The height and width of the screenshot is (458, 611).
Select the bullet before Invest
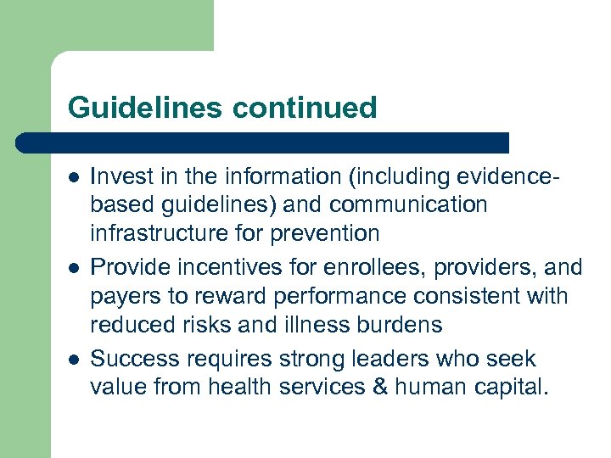coord(74,176)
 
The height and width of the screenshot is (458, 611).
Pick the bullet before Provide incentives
coord(74,268)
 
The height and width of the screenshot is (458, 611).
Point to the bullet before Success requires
coord(74,360)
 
